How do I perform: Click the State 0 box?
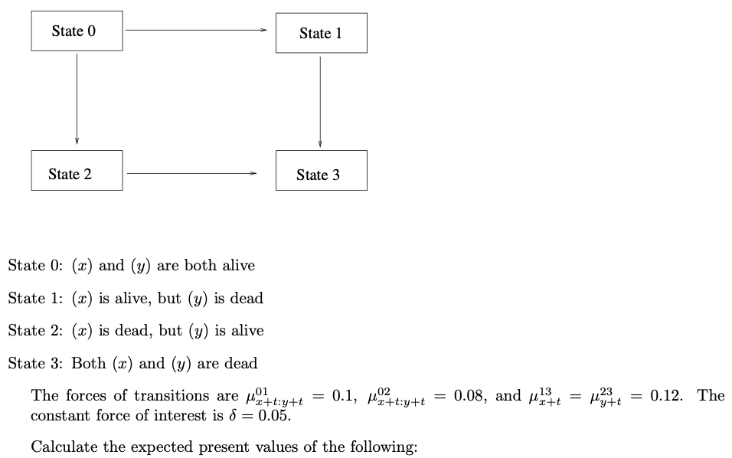coord(77,31)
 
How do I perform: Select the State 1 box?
coord(321,33)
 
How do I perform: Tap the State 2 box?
coord(77,171)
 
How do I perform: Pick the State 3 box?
coord(321,172)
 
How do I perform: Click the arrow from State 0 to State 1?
coord(197,30)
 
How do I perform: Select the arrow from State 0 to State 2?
coord(77,98)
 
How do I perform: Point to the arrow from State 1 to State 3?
coord(320,101)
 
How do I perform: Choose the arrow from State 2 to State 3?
coord(192,173)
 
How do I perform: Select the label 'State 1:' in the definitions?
coord(35,299)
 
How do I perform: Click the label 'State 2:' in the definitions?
coord(35,331)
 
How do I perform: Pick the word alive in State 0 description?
coord(238,266)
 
